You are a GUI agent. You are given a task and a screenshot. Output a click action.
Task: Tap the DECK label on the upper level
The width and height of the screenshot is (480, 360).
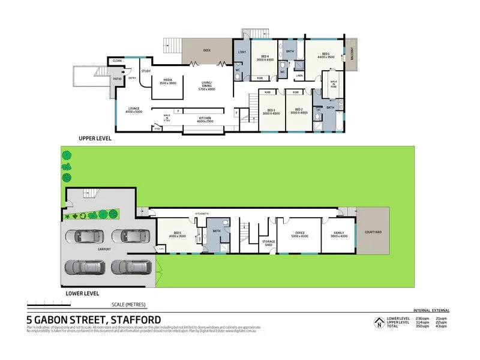pyautogui.click(x=206, y=50)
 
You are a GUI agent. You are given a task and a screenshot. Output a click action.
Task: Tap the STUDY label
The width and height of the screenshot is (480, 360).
pyautogui.click(x=146, y=71)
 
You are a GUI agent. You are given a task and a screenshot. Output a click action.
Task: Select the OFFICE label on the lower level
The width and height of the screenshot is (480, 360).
pyautogui.click(x=299, y=234)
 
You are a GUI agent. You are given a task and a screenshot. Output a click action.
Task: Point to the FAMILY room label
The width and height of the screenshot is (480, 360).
pyautogui.click(x=339, y=234)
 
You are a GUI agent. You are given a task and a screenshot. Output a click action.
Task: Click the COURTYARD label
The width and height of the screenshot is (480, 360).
pyautogui.click(x=373, y=232)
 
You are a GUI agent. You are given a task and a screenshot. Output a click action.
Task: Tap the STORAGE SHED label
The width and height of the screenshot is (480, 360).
pyautogui.click(x=268, y=243)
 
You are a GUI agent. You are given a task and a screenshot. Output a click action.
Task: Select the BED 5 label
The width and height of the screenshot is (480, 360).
pyautogui.click(x=178, y=234)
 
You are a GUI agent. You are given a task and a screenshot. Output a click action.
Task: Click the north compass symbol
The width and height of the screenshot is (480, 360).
pyautogui.click(x=379, y=323)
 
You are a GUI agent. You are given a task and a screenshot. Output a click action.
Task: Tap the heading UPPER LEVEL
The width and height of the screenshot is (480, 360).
pyautogui.click(x=95, y=138)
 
